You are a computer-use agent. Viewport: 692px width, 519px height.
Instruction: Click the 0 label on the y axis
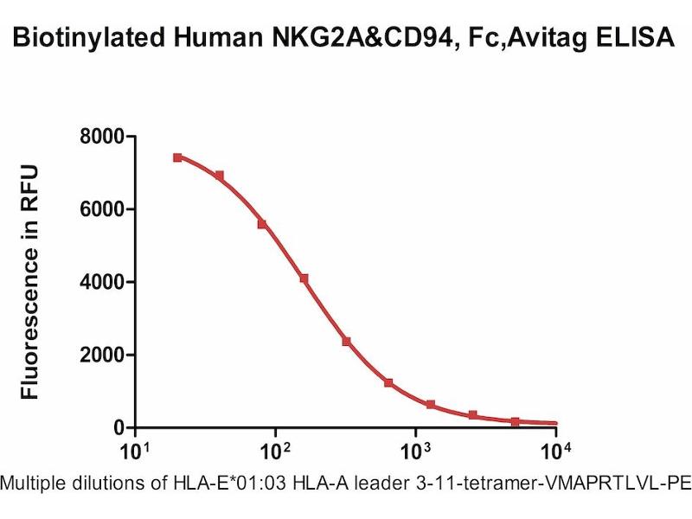click(x=119, y=427)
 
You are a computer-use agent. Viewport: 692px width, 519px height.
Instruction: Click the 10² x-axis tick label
click(x=274, y=452)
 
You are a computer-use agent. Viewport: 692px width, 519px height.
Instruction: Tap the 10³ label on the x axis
click(x=415, y=452)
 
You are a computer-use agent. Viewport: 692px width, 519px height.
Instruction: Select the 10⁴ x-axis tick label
click(x=555, y=452)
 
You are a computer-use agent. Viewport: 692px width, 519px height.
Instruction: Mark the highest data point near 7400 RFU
click(x=177, y=157)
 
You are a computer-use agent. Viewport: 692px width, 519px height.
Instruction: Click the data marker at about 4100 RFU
click(x=304, y=279)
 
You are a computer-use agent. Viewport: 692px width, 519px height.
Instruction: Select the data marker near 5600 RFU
click(x=261, y=224)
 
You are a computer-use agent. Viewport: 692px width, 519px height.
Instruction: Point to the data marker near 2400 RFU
click(x=346, y=342)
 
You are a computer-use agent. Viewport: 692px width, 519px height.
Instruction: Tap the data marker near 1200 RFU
click(x=388, y=382)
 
